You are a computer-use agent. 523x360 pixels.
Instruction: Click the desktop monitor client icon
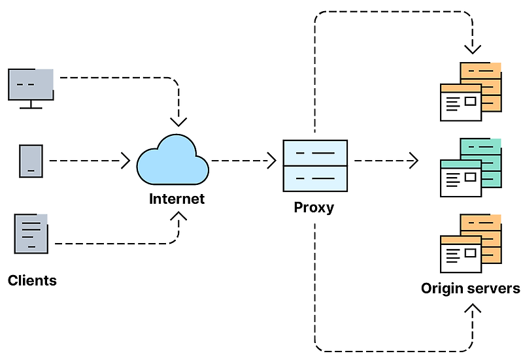[x=31, y=88]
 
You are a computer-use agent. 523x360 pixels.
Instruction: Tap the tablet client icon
[x=31, y=161]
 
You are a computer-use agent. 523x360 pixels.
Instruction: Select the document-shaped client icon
[x=31, y=234]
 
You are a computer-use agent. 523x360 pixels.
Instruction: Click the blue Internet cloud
[x=173, y=160]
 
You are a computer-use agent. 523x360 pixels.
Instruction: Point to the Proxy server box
[x=315, y=166]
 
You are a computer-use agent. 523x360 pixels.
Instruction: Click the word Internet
[x=177, y=199]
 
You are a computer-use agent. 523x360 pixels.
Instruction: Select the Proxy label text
[x=314, y=208]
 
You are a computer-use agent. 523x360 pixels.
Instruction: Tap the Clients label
[x=32, y=280]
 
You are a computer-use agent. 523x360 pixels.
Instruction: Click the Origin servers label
[x=470, y=288]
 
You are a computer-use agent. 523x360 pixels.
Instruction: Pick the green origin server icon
[x=471, y=167]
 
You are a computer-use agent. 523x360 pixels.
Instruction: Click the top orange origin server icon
[x=471, y=91]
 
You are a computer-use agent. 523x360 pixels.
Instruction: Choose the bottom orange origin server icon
[x=471, y=243]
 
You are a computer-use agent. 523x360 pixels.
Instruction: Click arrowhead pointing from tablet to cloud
[x=126, y=161]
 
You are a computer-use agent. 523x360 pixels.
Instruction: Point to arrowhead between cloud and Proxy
[x=273, y=161]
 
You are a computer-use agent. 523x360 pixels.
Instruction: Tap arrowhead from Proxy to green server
[x=414, y=161]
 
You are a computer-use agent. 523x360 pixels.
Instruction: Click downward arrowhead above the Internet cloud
[x=178, y=122]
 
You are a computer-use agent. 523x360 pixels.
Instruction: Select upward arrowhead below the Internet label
[x=178, y=216]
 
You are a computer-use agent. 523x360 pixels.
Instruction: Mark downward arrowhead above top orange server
[x=473, y=50]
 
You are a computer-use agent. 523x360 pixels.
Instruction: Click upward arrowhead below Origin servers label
[x=473, y=308]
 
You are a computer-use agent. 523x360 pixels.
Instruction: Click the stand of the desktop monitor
[x=31, y=105]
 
